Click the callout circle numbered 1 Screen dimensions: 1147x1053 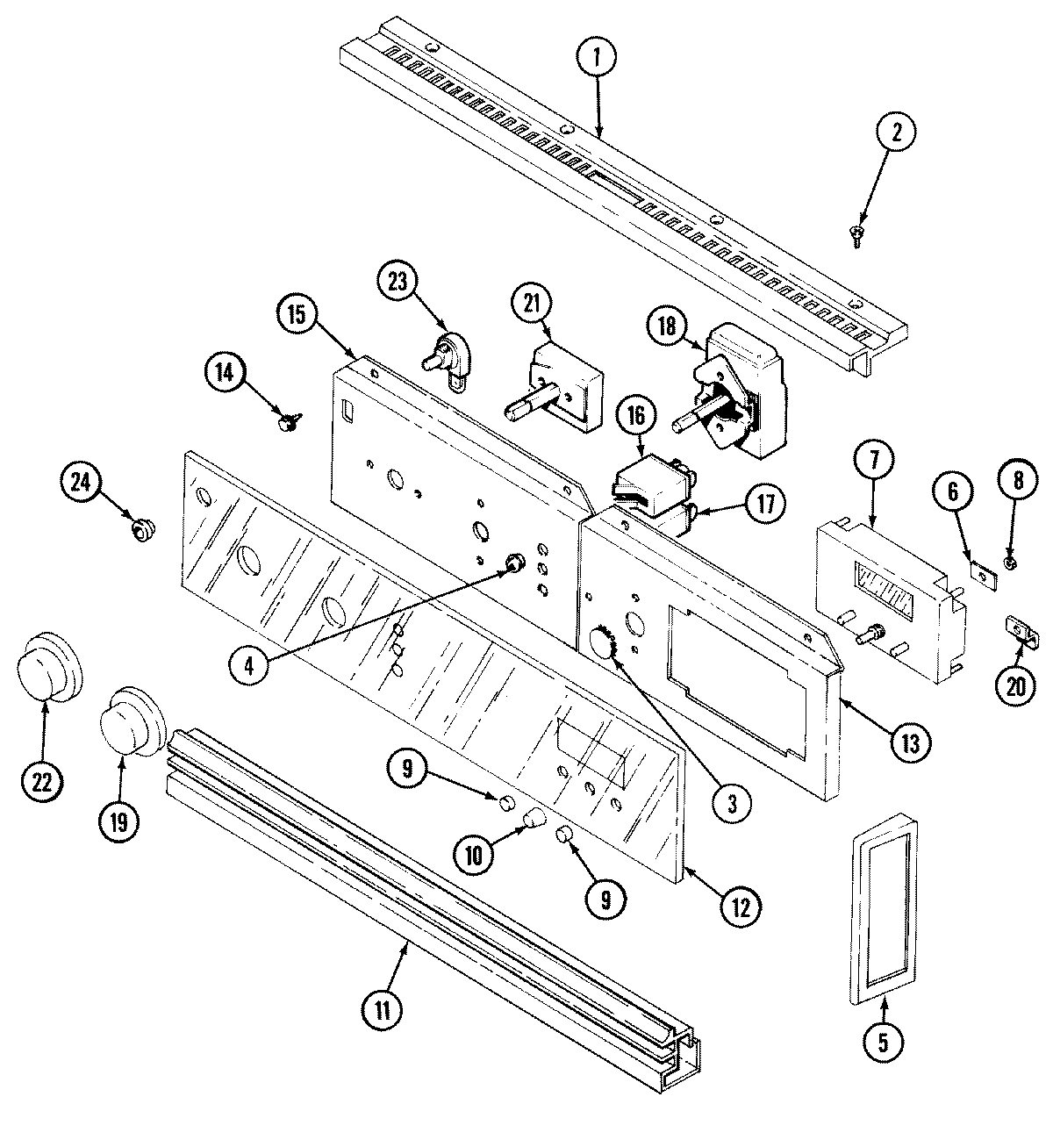pyautogui.click(x=597, y=58)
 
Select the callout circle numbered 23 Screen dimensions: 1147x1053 pyautogui.click(x=400, y=283)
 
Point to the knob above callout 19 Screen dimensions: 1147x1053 pyautogui.click(x=132, y=721)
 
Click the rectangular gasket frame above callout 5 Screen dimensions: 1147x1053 pyautogui.click(x=883, y=909)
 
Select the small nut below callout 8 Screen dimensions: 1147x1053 pyautogui.click(x=1010, y=562)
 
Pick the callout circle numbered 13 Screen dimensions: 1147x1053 pyautogui.click(x=907, y=743)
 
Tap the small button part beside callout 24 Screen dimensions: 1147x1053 pyautogui.click(x=140, y=528)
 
